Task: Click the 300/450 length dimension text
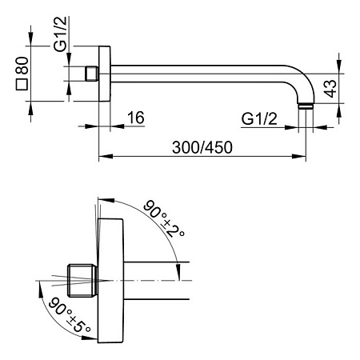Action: [202, 147]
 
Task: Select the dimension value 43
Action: [330, 88]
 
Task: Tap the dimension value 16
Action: [136, 118]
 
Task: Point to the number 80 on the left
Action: [22, 66]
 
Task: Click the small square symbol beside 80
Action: [22, 85]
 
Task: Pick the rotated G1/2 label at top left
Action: [60, 34]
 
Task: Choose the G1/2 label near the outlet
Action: [259, 118]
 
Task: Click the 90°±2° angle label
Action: [163, 218]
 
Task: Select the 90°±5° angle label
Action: [70, 314]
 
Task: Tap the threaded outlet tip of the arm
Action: [306, 106]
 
